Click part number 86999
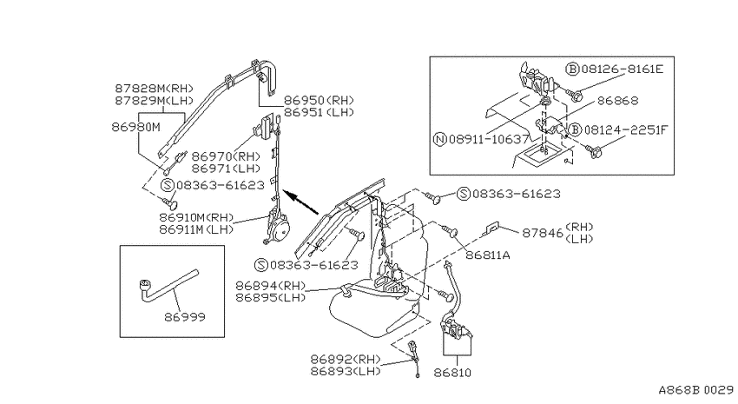(x=184, y=317)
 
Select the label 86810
(x=452, y=373)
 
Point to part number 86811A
(x=488, y=255)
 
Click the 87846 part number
(x=542, y=233)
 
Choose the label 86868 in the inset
(x=617, y=100)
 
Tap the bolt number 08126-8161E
(x=623, y=70)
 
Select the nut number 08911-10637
(x=489, y=139)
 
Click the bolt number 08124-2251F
(x=626, y=130)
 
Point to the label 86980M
(x=135, y=127)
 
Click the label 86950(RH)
(x=318, y=100)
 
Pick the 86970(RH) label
(x=226, y=156)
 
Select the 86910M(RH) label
(x=196, y=217)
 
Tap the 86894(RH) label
(x=270, y=286)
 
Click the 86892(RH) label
(x=345, y=359)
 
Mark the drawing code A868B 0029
(x=695, y=390)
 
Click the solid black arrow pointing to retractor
(x=301, y=202)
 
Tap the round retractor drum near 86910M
(x=282, y=230)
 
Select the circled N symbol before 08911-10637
(x=439, y=139)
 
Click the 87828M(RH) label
(x=154, y=89)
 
